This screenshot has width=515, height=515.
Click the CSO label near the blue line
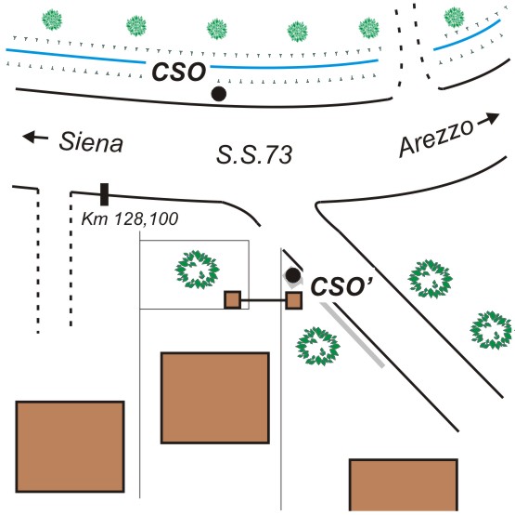[179, 72]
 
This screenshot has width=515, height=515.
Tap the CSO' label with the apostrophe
[341, 286]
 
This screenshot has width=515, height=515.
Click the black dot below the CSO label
[219, 94]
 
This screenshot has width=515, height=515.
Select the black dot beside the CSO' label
[293, 275]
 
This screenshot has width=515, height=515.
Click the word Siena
[91, 142]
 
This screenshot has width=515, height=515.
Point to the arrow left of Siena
[35, 137]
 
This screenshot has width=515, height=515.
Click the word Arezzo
[436, 138]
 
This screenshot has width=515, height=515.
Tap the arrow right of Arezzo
[488, 119]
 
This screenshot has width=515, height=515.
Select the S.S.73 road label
[254, 154]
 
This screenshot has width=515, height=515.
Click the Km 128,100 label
[130, 218]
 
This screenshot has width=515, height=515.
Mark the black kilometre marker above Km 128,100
[104, 194]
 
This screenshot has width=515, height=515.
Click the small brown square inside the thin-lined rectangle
[233, 299]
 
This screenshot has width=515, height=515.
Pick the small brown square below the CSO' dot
[293, 300]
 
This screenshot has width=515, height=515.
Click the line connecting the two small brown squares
[264, 299]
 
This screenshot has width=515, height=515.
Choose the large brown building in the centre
[215, 398]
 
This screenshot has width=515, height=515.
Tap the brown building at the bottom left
[70, 446]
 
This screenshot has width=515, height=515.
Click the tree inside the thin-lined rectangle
[197, 270]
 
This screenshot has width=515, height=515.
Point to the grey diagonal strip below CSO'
[353, 335]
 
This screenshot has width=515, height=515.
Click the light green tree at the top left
[52, 20]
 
